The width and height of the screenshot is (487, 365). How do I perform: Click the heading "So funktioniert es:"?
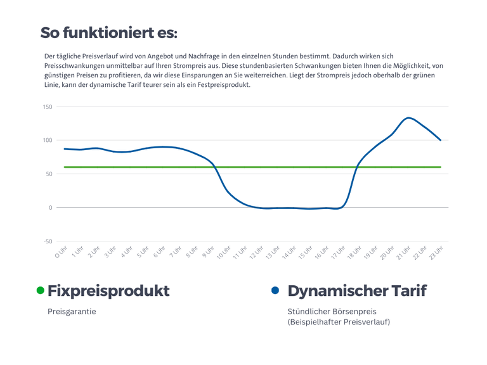point(108,32)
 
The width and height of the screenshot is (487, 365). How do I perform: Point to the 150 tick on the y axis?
point(48,106)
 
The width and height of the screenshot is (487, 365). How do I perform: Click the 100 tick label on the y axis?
point(48,140)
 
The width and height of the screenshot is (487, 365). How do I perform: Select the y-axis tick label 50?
point(49,174)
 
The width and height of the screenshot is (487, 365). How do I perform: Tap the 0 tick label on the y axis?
point(51,207)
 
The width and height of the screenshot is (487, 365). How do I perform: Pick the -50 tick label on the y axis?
point(48,241)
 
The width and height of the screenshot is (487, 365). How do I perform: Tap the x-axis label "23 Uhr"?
point(436,253)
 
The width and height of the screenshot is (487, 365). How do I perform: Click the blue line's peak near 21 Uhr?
point(409,118)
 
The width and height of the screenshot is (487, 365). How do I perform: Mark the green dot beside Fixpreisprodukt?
point(41,290)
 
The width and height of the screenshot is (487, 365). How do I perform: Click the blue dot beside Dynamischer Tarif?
point(275,290)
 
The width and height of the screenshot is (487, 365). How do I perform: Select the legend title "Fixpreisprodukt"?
point(108,291)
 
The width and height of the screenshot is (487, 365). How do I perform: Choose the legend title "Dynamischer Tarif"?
point(356,291)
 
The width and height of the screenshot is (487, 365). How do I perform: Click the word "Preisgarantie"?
point(72,311)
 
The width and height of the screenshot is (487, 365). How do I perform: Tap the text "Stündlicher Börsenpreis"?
point(332,311)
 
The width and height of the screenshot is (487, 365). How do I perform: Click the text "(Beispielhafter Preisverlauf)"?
point(339,322)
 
